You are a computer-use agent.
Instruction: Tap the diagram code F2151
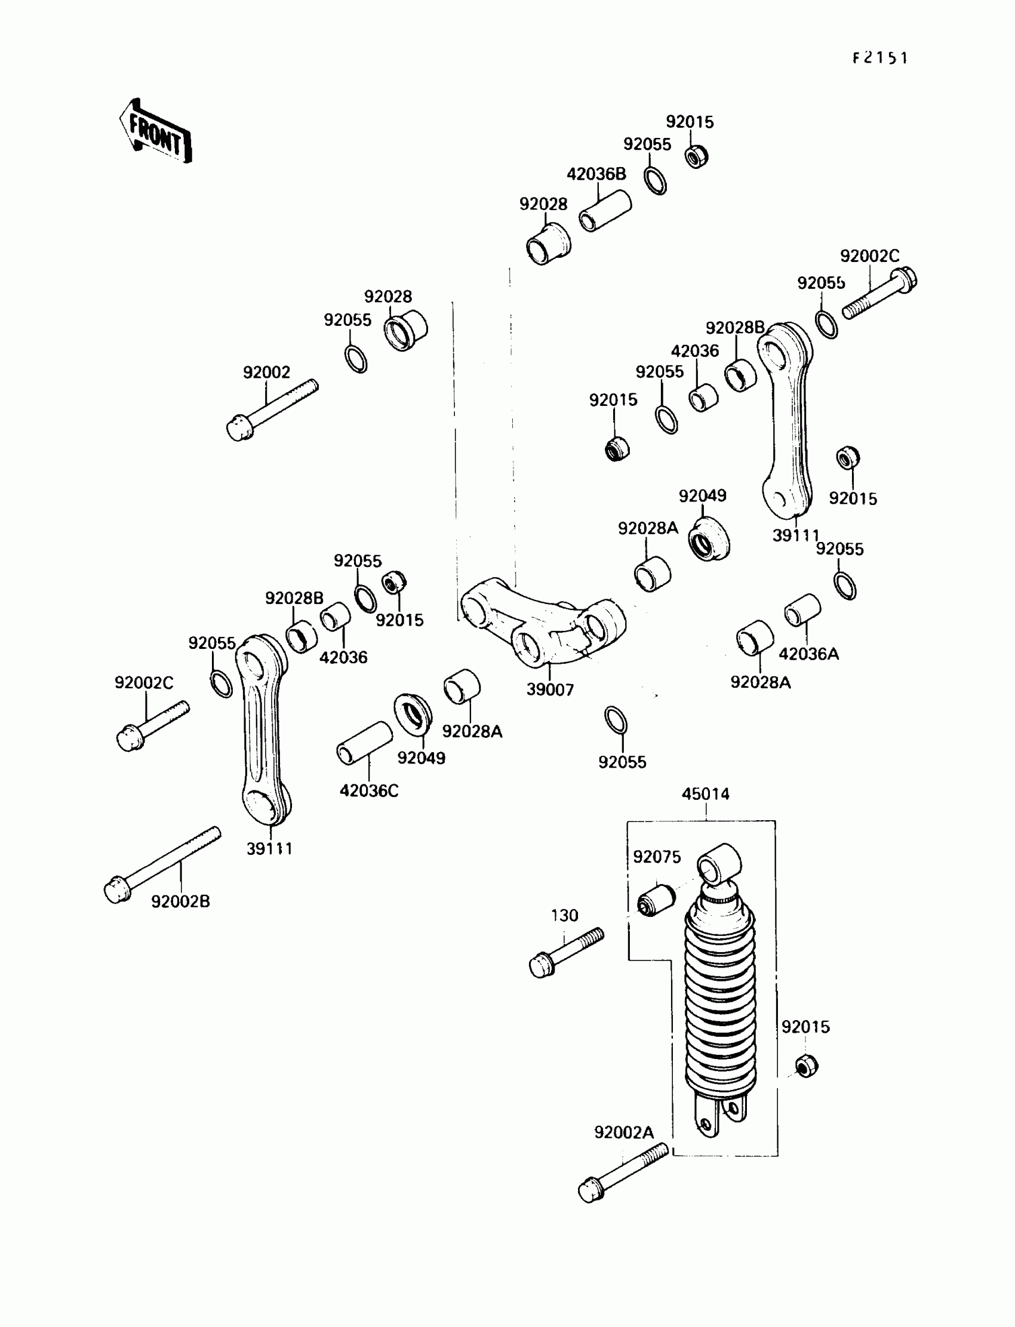[x=879, y=58]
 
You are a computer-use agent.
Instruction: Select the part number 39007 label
[x=550, y=689]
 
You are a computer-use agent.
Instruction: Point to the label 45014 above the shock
[x=705, y=794]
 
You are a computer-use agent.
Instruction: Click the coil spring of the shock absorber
[x=719, y=1003]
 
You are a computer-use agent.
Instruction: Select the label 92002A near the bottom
[x=623, y=1132]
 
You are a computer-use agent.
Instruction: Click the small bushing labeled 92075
[x=656, y=900]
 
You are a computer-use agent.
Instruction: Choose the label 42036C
[x=368, y=790]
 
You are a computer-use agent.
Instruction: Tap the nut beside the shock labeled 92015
[x=806, y=1066]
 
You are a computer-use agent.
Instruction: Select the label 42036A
[x=808, y=654]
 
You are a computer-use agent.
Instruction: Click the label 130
[x=564, y=916]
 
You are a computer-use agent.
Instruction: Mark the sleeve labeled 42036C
[x=364, y=743]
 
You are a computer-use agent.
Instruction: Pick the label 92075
[x=657, y=857]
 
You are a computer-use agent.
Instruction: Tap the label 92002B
[x=180, y=901]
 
